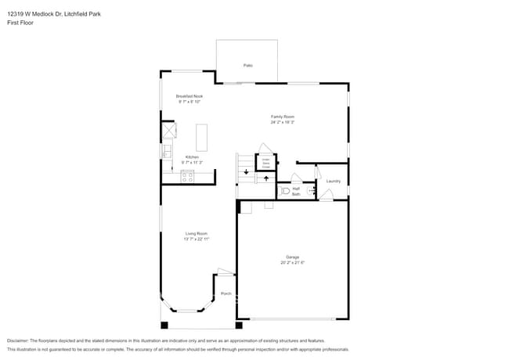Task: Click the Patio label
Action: [247, 65]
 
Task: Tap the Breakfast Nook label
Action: [190, 96]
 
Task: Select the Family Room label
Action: [282, 117]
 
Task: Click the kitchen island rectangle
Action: [201, 137]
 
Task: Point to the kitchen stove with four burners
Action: [188, 176]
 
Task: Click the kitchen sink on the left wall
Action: [167, 150]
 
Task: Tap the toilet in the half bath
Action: [285, 190]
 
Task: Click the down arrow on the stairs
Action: [247, 171]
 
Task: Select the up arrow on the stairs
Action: [266, 178]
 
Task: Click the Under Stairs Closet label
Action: [265, 163]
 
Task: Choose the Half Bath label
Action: [296, 190]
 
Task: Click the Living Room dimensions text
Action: [196, 239]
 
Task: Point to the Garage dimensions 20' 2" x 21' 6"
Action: [292, 262]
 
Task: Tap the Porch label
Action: [226, 293]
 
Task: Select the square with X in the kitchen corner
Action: [169, 130]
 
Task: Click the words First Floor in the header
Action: [17, 23]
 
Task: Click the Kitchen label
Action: [191, 157]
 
